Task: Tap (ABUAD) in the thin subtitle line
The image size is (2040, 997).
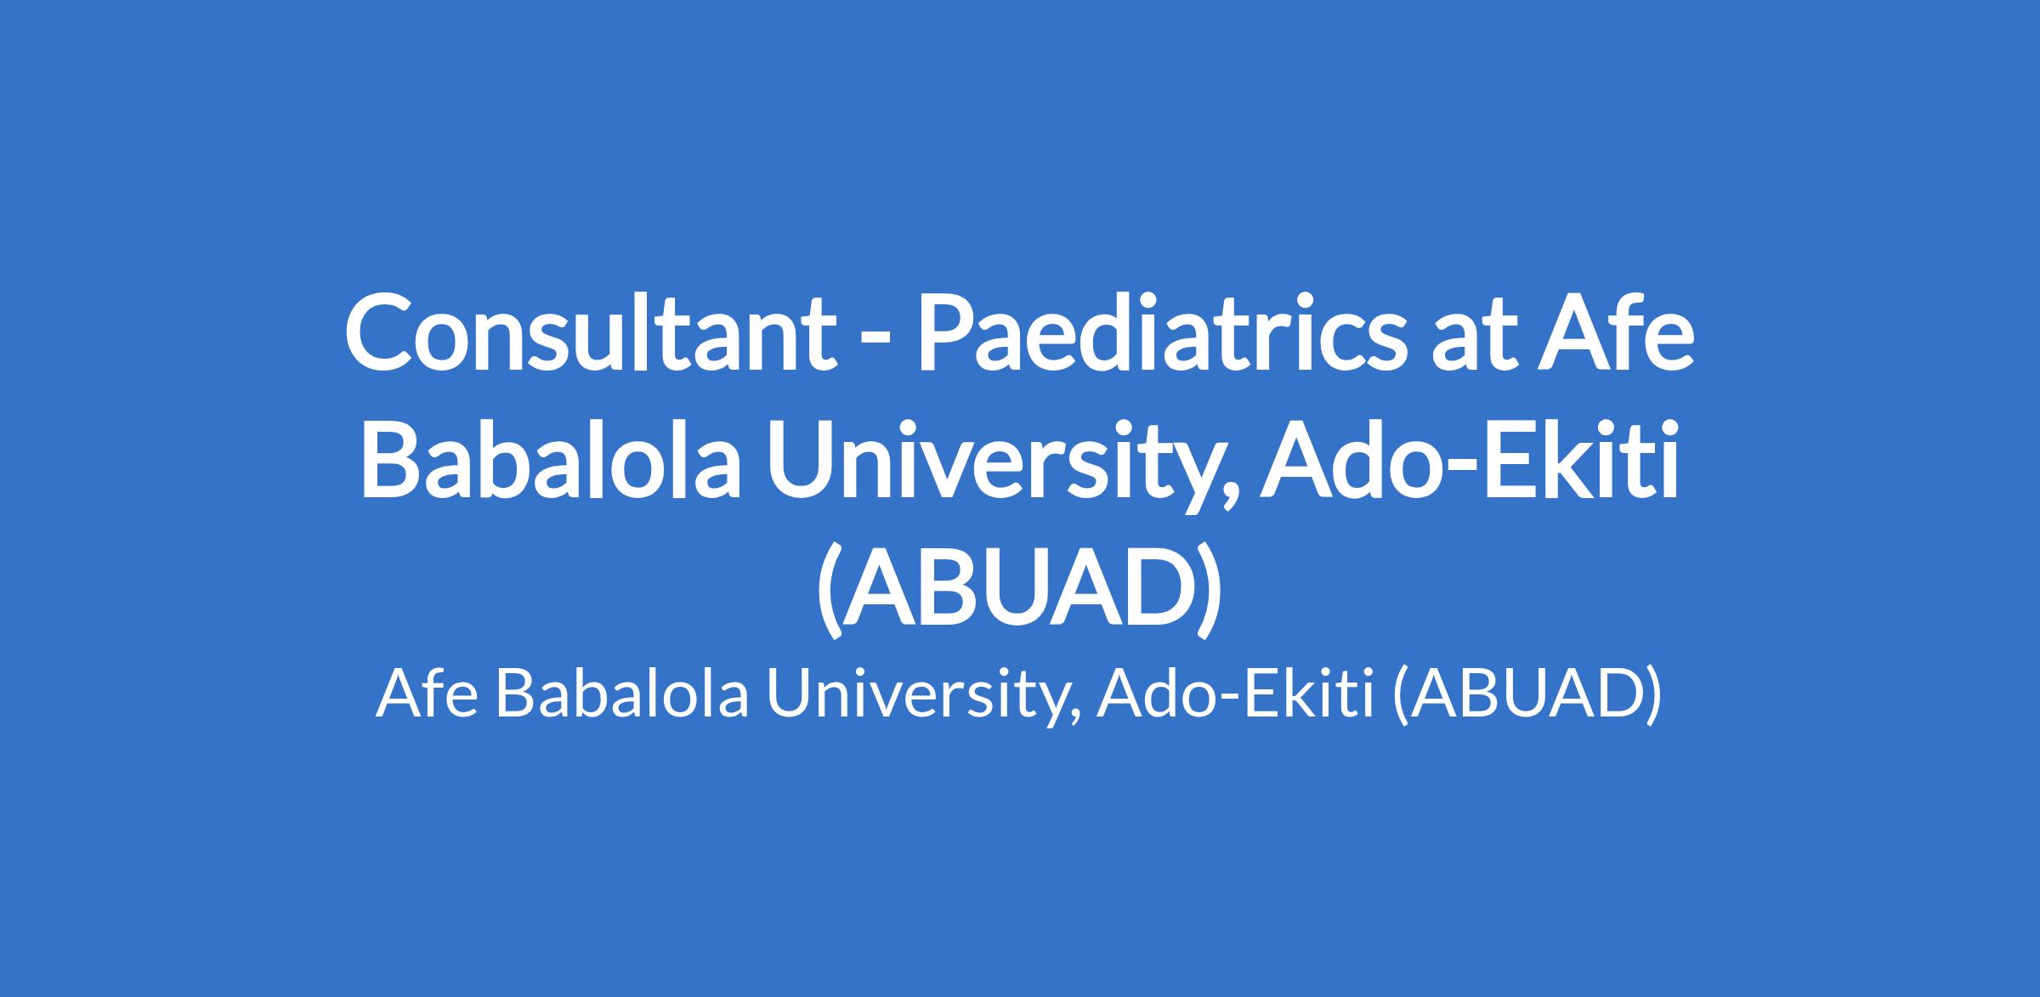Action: tap(1527, 694)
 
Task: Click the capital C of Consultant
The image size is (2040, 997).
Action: tap(382, 331)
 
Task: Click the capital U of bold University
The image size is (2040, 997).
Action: tap(807, 455)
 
